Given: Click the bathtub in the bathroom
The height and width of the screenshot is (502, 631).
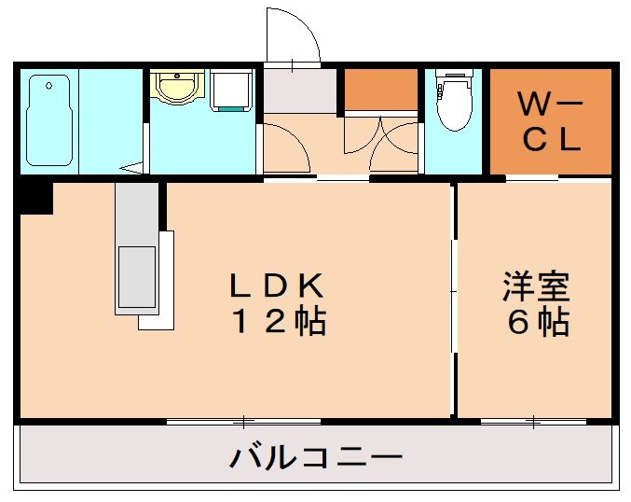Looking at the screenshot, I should (x=48, y=120).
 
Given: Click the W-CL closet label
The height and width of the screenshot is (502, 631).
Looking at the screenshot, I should (x=551, y=121).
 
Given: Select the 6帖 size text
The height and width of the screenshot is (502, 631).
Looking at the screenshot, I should (x=538, y=322).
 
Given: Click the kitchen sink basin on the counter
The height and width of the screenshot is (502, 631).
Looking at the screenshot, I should (x=134, y=276).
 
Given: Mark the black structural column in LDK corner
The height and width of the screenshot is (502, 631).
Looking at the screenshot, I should (x=34, y=198).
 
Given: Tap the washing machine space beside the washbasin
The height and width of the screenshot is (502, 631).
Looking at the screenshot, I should (x=230, y=91).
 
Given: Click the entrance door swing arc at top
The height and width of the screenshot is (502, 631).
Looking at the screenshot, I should (x=295, y=37).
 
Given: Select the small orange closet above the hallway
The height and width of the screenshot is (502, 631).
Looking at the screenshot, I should (x=381, y=89).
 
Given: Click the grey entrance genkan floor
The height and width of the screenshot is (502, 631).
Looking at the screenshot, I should (x=298, y=91).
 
